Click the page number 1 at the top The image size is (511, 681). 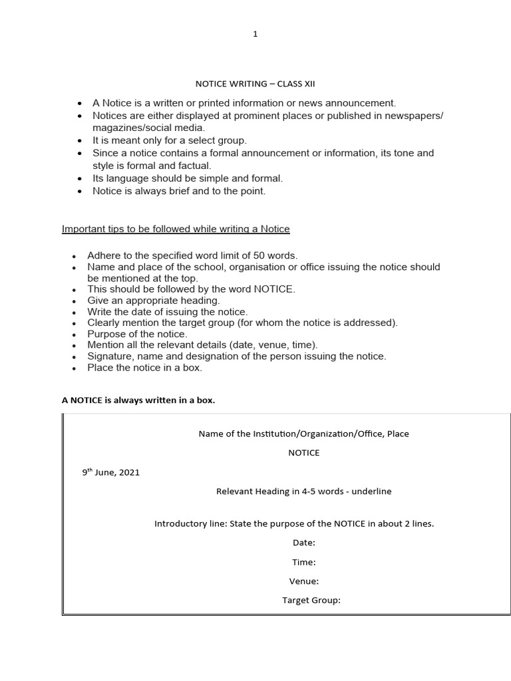coord(255,35)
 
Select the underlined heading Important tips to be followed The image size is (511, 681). coord(176,229)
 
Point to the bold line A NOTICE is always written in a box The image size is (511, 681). coord(138,400)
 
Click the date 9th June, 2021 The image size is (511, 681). coord(110,473)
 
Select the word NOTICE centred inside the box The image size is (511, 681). coord(303,453)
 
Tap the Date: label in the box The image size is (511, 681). coord(303,543)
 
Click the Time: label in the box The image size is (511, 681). coord(303,562)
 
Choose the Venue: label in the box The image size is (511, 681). coord(303,581)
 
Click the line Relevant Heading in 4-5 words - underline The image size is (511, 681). coord(304,491)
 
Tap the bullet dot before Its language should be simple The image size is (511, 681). coord(80,179)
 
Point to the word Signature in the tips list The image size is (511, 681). coord(108,356)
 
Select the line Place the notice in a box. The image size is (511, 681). coord(144,368)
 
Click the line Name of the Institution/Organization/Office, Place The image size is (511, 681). coord(304,434)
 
